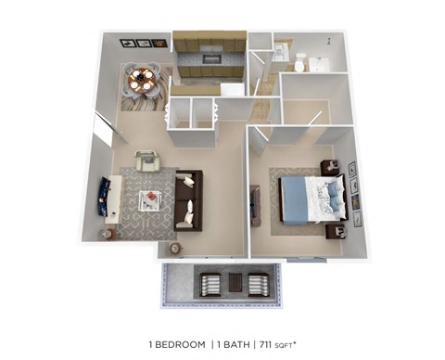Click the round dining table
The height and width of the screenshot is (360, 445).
[x=143, y=81]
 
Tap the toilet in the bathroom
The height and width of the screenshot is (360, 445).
[x=300, y=61]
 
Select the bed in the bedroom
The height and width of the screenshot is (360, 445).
[x=311, y=199]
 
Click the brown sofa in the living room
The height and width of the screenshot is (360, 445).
[x=189, y=199]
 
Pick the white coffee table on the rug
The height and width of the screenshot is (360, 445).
[x=149, y=199]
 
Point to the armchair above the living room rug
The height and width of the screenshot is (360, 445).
[x=146, y=161]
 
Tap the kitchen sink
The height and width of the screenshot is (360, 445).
[x=211, y=58]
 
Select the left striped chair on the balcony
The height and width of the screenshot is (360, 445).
[x=210, y=283]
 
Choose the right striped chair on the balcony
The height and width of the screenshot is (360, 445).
[x=257, y=283]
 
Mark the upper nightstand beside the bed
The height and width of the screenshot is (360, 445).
[x=329, y=168]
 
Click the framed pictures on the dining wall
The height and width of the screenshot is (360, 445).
[x=142, y=43]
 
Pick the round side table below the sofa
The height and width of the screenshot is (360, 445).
[x=176, y=248]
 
